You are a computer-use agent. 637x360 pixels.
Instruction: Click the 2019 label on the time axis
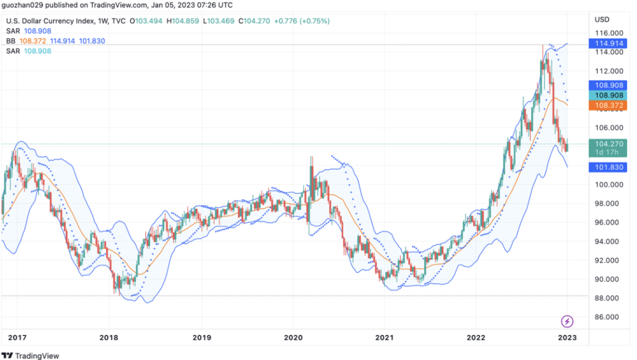202,338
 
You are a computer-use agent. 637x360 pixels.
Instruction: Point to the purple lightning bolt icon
567,322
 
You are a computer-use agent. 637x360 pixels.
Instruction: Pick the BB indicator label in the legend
11,41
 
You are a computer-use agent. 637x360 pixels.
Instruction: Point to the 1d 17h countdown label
606,152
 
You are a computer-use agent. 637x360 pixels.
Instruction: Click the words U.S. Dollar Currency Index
53,21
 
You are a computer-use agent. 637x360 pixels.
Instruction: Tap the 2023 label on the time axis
567,338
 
